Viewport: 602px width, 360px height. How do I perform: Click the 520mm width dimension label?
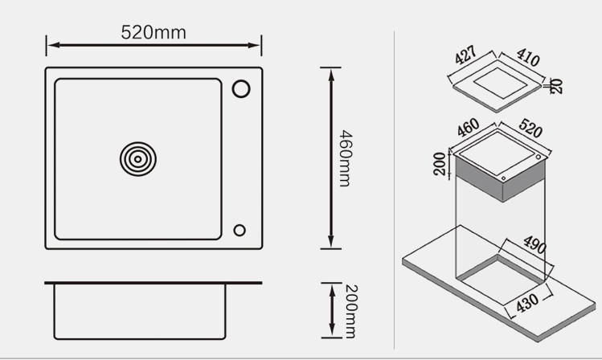tap(154, 32)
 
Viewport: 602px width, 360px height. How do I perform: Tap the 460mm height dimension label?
tap(345, 158)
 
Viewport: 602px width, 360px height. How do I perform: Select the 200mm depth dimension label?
tap(351, 311)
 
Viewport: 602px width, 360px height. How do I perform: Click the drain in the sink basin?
tap(137, 159)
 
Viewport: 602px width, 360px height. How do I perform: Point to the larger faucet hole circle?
tap(241, 88)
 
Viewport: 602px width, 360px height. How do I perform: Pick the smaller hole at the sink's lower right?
tap(240, 231)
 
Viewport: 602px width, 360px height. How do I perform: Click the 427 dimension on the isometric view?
tap(465, 55)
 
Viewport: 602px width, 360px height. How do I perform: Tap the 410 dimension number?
tap(528, 57)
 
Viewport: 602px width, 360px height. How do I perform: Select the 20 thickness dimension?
tap(556, 86)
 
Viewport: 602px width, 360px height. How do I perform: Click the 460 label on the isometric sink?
tap(468, 127)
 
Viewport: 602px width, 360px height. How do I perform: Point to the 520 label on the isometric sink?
tap(530, 128)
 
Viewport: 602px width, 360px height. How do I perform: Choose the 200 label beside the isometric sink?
tap(440, 163)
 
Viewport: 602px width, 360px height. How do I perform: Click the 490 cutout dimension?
tap(534, 244)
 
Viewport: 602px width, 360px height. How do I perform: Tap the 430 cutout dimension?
tap(527, 303)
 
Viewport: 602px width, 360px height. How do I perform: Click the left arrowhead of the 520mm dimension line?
tap(53, 45)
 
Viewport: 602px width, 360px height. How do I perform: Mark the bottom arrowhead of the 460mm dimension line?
tap(331, 242)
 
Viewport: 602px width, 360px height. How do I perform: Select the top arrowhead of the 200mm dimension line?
tap(332, 290)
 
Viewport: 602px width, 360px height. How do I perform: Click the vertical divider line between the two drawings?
tap(394, 190)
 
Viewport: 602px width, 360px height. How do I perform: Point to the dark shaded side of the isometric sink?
tap(500, 178)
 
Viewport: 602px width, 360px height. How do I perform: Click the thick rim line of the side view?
tap(154, 283)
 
